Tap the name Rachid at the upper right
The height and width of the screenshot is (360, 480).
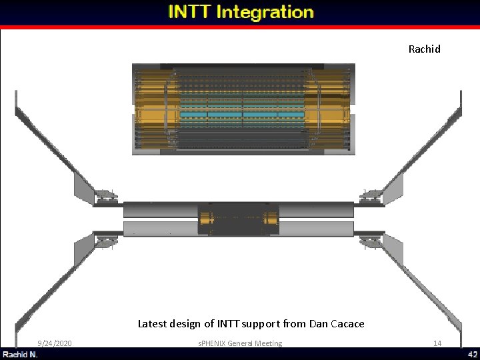pyautogui.click(x=424, y=49)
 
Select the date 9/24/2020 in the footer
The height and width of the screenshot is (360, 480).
pyautogui.click(x=55, y=343)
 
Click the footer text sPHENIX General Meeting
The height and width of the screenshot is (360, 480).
pyautogui.click(x=240, y=343)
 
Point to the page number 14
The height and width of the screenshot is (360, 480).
pyautogui.click(x=437, y=343)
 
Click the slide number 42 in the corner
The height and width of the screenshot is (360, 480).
pyautogui.click(x=472, y=354)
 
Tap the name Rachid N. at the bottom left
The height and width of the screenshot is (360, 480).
pyautogui.click(x=20, y=354)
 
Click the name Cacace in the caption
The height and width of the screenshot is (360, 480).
pyautogui.click(x=347, y=324)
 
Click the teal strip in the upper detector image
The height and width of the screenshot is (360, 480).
pyautogui.click(x=243, y=115)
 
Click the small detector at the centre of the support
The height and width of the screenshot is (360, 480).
pyautogui.click(x=239, y=219)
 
